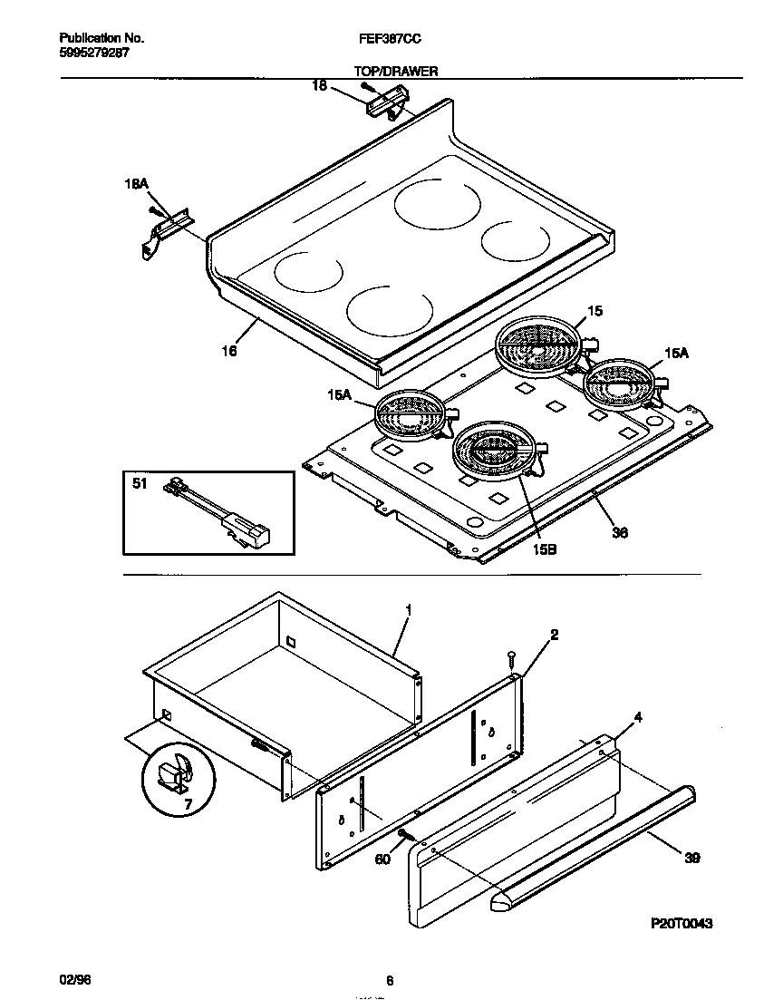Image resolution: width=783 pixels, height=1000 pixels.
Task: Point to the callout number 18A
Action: (x=135, y=183)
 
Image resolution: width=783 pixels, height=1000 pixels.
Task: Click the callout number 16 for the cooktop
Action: (x=230, y=351)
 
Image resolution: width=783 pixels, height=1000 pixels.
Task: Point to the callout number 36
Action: (x=620, y=533)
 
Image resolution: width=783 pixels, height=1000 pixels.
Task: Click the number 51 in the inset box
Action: (x=140, y=484)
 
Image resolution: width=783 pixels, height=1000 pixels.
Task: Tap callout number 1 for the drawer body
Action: (x=408, y=612)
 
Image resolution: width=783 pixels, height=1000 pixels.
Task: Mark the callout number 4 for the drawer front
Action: (x=638, y=717)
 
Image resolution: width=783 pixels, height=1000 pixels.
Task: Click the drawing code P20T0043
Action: (x=681, y=924)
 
